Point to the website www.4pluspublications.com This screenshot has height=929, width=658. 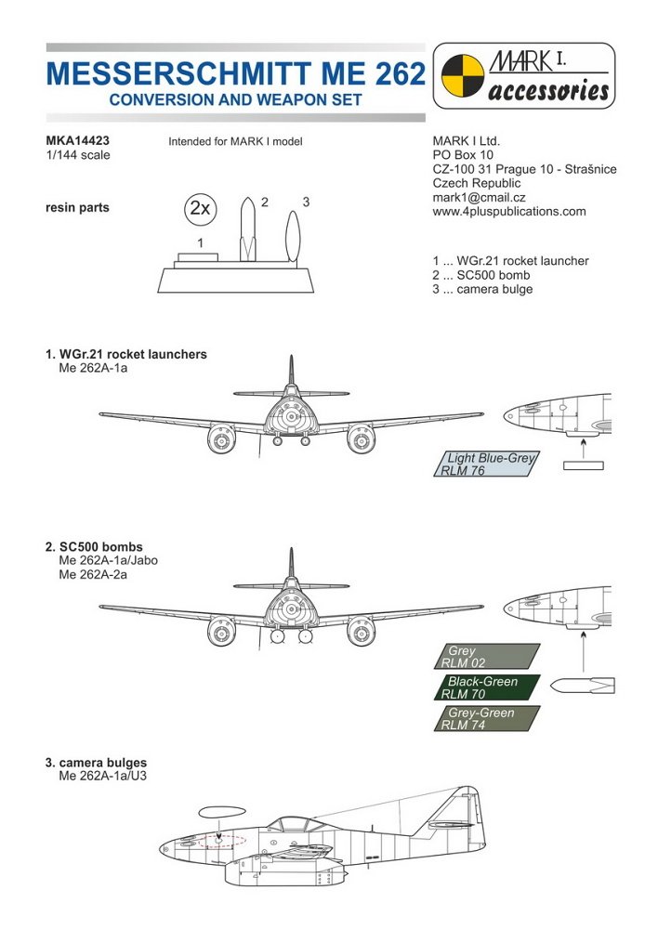509,211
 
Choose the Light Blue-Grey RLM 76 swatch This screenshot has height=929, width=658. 487,464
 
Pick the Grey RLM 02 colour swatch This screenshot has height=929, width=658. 487,657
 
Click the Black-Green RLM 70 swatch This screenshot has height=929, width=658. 487,687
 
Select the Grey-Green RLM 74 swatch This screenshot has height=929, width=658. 487,718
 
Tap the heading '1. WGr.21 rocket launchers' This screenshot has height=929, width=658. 125,354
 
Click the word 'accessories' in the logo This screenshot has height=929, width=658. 548,92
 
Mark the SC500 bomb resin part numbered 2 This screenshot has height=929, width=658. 246,228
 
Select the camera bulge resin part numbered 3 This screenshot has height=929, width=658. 292,238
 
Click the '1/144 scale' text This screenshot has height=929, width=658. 77,155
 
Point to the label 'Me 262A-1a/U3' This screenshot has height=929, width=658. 104,776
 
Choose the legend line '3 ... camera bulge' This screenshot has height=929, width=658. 482,289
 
